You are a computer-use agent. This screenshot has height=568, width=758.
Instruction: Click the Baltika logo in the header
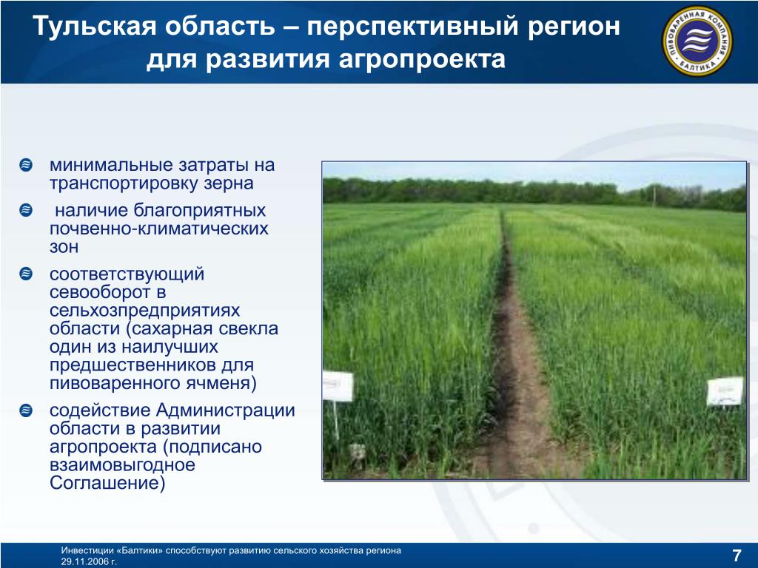[x=697, y=41]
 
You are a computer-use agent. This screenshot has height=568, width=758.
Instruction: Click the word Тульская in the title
[x=95, y=26]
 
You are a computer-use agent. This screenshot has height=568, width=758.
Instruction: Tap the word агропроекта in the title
[x=422, y=60]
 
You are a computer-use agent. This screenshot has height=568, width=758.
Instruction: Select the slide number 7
[x=737, y=555]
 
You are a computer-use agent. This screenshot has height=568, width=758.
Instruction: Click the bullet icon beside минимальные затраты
[x=26, y=165]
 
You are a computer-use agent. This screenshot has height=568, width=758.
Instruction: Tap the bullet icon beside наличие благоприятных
[x=26, y=210]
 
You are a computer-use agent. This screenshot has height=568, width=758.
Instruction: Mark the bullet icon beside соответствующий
[x=26, y=274]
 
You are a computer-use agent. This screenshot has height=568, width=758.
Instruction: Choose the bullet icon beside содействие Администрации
[x=26, y=410]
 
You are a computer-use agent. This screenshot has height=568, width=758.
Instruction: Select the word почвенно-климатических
[x=158, y=229]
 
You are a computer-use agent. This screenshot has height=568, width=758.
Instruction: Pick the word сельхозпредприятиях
[x=144, y=311]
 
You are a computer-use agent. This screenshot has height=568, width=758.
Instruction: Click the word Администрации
[x=225, y=410]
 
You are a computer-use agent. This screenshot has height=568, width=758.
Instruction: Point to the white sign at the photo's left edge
[x=338, y=386]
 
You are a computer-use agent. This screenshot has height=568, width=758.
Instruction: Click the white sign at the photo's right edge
[x=725, y=391]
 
